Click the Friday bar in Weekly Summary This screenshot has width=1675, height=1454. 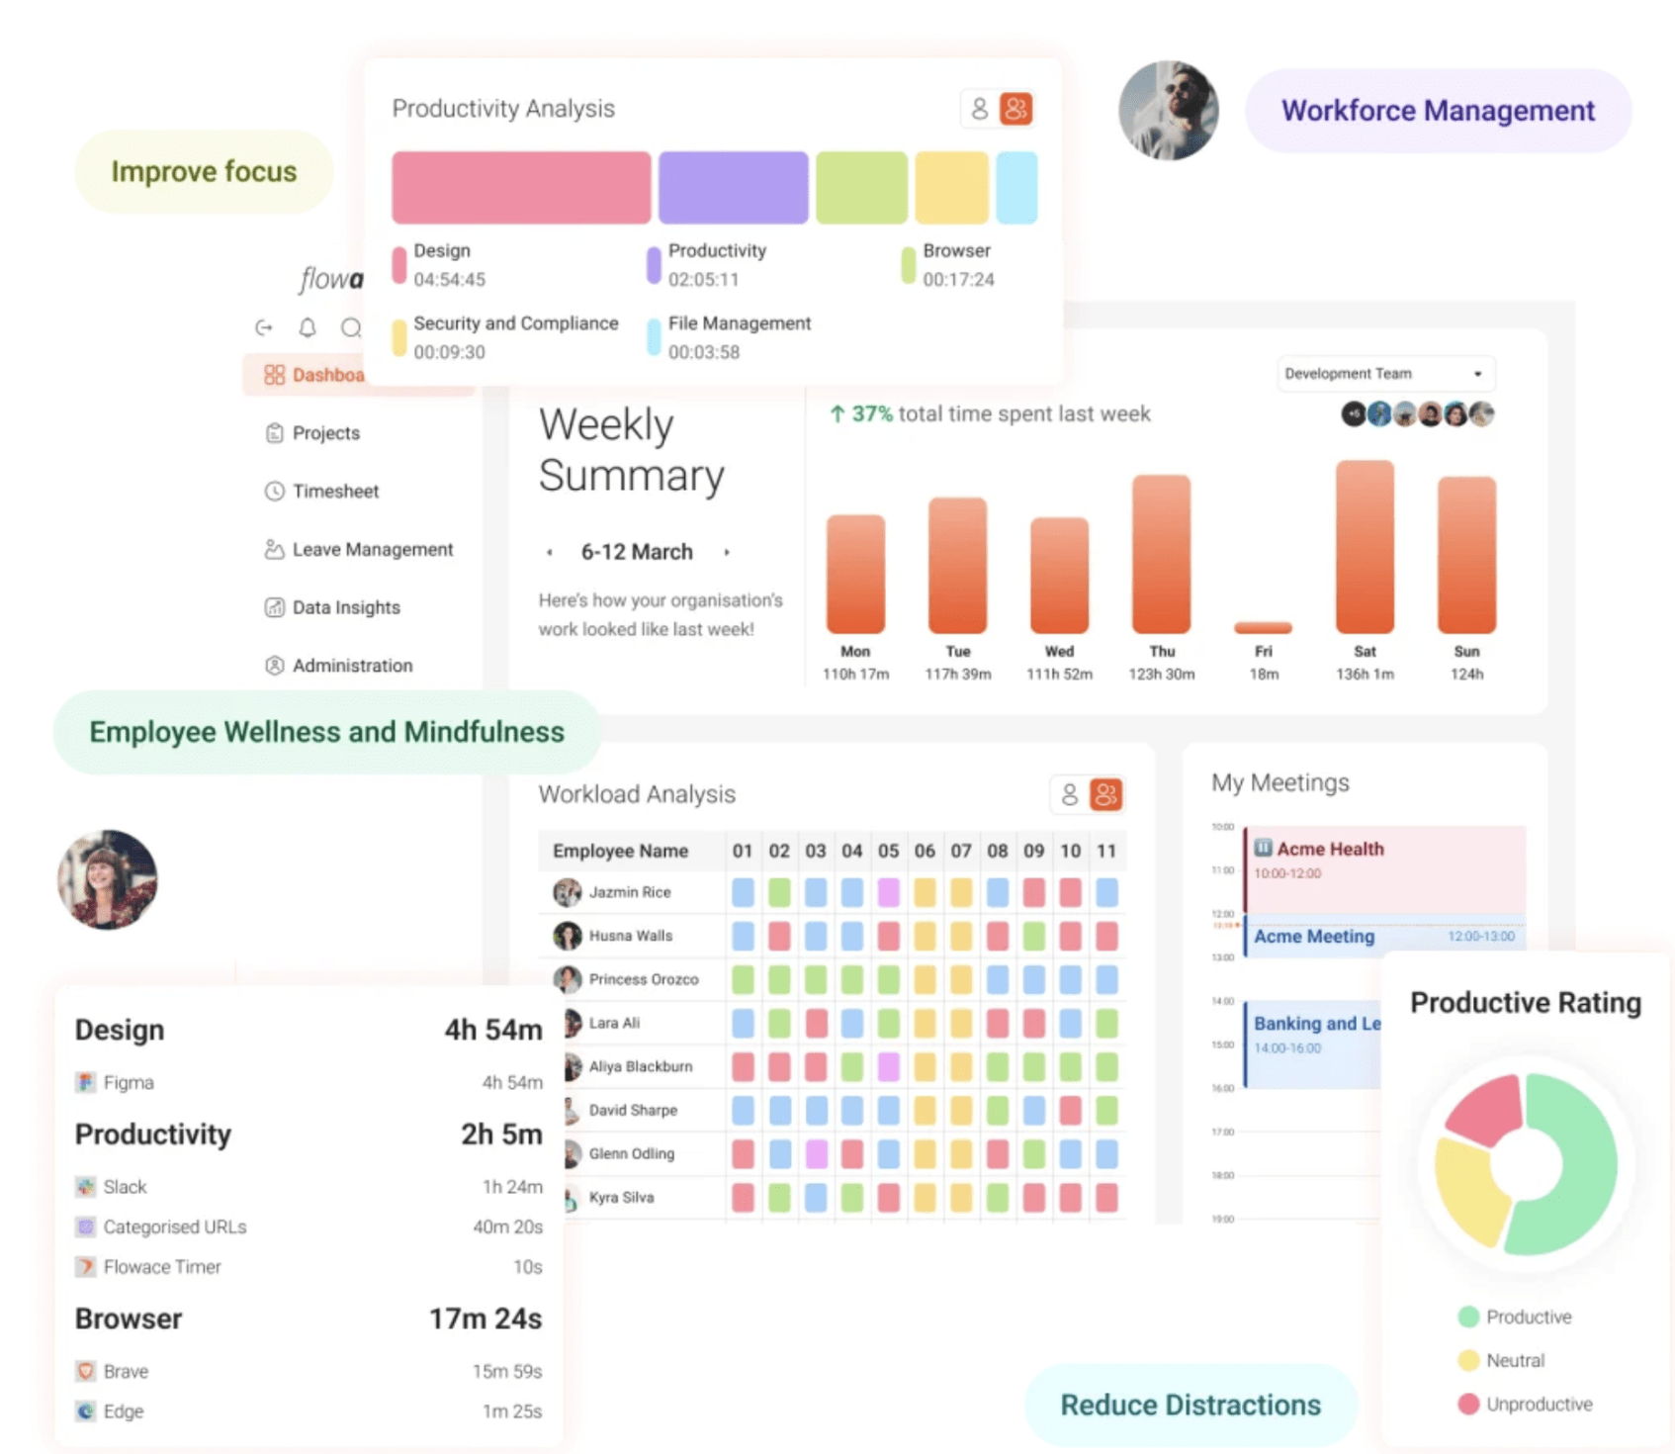[x=1263, y=627]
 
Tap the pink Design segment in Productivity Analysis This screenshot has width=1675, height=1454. [x=521, y=188]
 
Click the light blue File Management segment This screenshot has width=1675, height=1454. [x=1016, y=188]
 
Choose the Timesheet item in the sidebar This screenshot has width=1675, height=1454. [x=335, y=491]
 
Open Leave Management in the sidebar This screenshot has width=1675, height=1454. [x=372, y=549]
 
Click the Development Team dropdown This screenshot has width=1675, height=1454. [x=1384, y=374]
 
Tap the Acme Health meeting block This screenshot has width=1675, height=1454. [x=1384, y=866]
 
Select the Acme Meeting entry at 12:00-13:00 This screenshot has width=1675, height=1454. [x=1384, y=936]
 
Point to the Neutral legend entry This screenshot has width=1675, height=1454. [x=1514, y=1360]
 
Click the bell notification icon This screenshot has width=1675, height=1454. [x=308, y=327]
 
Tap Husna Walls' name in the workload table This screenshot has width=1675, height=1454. [x=630, y=936]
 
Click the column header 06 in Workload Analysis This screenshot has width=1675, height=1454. [x=925, y=851]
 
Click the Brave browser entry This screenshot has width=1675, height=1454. [x=126, y=1371]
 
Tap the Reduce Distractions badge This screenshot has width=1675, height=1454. [x=1190, y=1405]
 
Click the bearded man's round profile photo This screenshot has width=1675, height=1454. [x=1168, y=111]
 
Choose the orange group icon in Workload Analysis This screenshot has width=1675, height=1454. [x=1105, y=794]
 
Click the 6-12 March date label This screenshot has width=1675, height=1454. [x=637, y=552]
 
